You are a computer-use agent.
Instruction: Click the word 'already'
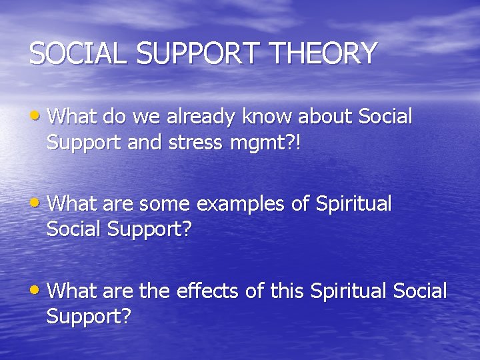point(201,117)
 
